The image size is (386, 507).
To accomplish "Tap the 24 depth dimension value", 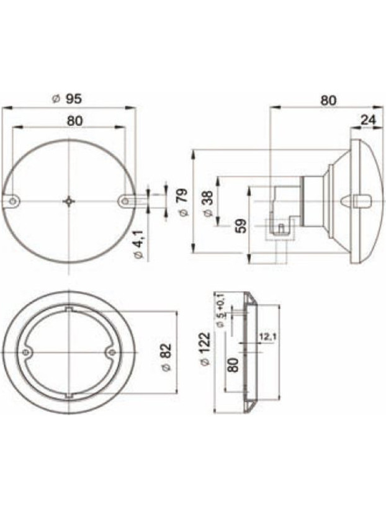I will click(369, 120).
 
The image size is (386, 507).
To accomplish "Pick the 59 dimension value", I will click(242, 225).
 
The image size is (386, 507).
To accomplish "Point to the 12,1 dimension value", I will click(267, 336).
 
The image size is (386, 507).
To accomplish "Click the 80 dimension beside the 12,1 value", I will click(233, 363).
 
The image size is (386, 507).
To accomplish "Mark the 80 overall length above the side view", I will click(328, 100).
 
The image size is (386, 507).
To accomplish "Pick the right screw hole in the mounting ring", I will click(111, 352).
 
